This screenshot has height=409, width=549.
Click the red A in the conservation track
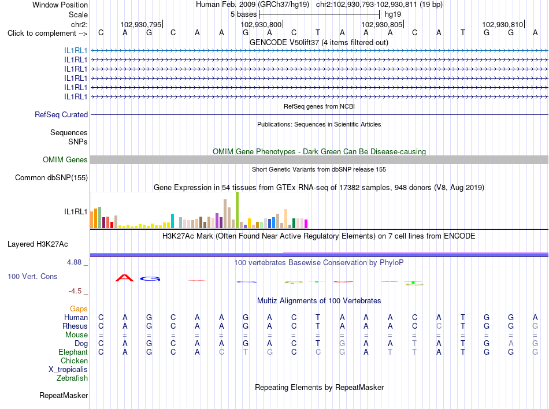[125, 278]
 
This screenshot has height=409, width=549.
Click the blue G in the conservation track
[150, 279]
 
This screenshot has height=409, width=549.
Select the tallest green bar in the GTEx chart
[237, 210]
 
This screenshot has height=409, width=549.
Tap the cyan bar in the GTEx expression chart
[172, 221]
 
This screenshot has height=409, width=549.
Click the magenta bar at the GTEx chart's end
[306, 224]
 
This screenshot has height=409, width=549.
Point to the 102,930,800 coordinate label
[261, 24]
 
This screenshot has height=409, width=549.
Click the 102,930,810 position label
[502, 24]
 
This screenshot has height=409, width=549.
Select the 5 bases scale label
[243, 14]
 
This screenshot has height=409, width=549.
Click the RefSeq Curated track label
[61, 115]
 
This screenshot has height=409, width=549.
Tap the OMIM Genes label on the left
[65, 160]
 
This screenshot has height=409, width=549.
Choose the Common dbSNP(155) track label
[51, 178]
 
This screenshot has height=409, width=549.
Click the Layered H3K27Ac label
[38, 244]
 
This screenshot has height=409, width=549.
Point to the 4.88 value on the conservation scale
[74, 262]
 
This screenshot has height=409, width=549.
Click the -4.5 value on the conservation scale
[75, 291]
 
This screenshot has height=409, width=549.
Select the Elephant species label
[73, 352]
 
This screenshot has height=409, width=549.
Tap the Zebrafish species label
[72, 378]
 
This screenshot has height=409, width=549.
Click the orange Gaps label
[79, 309]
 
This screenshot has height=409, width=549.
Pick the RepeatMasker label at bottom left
[64, 396]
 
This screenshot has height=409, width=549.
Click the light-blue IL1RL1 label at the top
[76, 51]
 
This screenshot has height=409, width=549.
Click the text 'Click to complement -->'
[47, 34]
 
